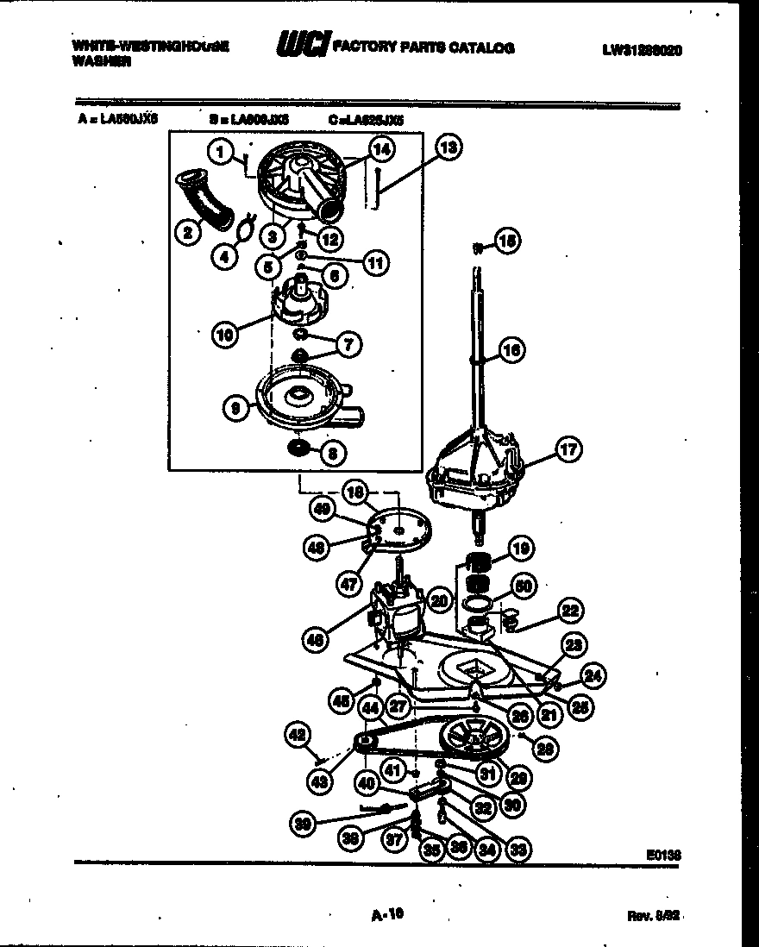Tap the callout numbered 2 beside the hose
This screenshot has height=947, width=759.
pos(184,230)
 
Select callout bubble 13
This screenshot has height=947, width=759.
pos(447,147)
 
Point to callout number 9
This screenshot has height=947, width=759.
pos(235,411)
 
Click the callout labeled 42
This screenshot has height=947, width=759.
pos(296,735)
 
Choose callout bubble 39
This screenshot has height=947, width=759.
pos(302,823)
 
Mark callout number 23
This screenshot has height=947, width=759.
pos(572,644)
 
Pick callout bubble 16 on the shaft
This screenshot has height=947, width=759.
pos(511,351)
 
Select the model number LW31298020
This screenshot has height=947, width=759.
pos(642,50)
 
